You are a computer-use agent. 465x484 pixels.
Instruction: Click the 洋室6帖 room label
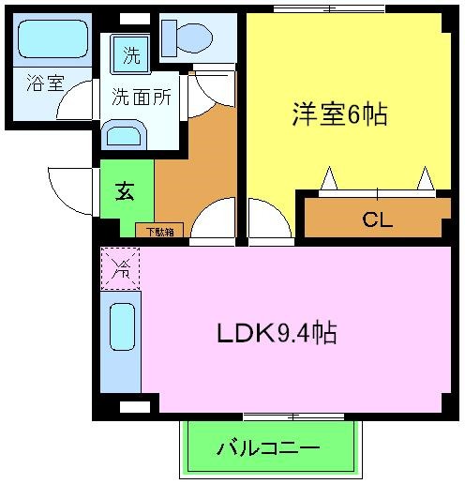coord(338,114)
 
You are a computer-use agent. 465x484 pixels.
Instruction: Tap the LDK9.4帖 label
coord(277,332)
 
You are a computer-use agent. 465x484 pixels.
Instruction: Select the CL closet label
coord(377,221)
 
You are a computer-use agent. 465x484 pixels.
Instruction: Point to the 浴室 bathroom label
coord(44,83)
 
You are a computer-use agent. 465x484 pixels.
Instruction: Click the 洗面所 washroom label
coord(142,97)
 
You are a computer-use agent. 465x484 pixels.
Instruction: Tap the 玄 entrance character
coord(124,190)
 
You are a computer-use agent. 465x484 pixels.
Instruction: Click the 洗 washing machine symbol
coord(132,54)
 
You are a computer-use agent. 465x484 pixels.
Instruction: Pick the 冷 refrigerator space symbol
coord(120,268)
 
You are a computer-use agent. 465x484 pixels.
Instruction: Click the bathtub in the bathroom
coord(52,40)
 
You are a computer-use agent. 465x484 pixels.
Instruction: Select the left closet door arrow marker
coord(328,177)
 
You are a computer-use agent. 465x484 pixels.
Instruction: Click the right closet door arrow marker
coord(426,177)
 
